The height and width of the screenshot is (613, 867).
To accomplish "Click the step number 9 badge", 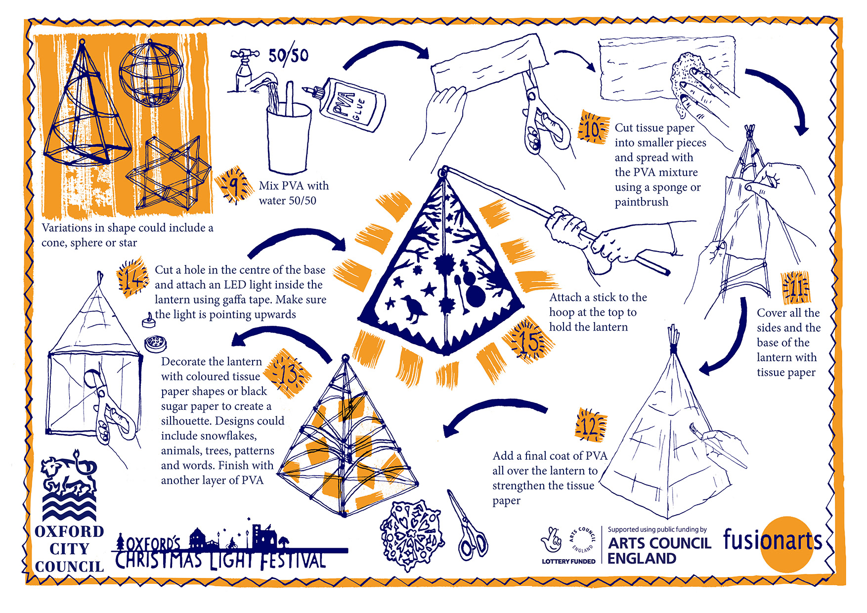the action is click(x=232, y=184).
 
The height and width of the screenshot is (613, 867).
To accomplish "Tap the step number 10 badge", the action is click(x=593, y=128).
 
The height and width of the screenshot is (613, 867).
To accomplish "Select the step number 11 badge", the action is click(x=796, y=287).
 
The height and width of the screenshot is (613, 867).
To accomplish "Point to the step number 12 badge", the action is click(x=591, y=425).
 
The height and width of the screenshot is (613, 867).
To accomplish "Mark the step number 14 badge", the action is click(x=132, y=278).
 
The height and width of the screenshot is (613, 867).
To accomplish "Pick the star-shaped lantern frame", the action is click(x=168, y=173).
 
